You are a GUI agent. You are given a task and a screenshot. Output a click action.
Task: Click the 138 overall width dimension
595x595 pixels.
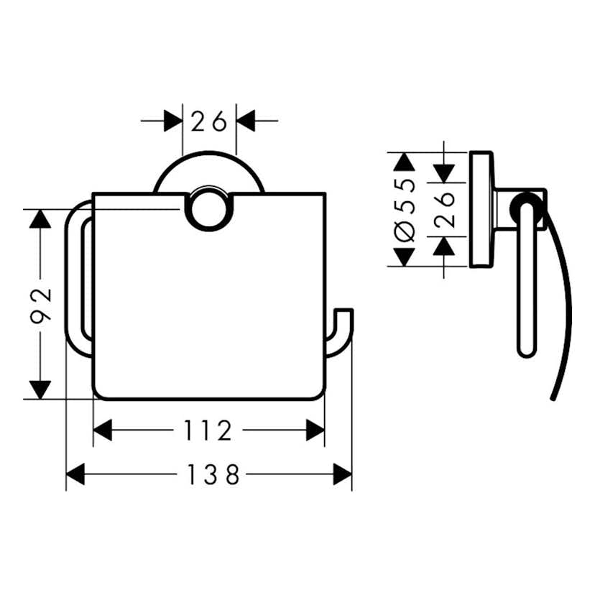pos(213,474)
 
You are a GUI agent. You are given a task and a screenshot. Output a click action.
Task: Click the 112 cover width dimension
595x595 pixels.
pos(208,430)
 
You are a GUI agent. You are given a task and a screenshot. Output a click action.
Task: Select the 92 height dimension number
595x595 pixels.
pos(41,305)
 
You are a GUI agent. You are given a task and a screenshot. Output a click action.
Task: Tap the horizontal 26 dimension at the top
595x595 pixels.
pos(208,121)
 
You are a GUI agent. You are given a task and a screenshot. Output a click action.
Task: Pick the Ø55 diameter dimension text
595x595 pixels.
pos(405,210)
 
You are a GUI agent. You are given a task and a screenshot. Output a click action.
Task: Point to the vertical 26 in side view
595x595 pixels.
pos(444,210)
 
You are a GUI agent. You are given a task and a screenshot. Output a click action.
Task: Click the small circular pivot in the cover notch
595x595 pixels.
pos(208,210)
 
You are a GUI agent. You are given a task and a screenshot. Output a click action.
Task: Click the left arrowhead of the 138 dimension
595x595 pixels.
pos(75,474)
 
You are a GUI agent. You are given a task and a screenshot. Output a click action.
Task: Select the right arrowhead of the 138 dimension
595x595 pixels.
pos(343,474)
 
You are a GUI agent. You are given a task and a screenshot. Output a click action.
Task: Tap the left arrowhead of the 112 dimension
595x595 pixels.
pos(103,430)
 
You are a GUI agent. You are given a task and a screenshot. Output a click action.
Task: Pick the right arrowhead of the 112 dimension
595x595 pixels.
pos(315,430)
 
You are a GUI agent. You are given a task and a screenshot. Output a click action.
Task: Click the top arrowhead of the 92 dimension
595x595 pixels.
pos(40,219)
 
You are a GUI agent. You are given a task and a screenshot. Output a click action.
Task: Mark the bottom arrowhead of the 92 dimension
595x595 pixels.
pos(40,389)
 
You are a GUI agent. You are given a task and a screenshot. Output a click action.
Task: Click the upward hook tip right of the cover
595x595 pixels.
pos(343,310)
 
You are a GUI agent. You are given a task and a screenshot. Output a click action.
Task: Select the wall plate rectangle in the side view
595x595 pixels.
pos(481,209)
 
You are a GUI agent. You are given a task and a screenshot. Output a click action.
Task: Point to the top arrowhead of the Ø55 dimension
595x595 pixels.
pos(405,162)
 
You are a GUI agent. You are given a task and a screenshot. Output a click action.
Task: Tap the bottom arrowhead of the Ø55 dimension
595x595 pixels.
pos(405,257)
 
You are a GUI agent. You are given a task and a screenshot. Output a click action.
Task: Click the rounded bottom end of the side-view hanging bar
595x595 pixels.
pos(527,352)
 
